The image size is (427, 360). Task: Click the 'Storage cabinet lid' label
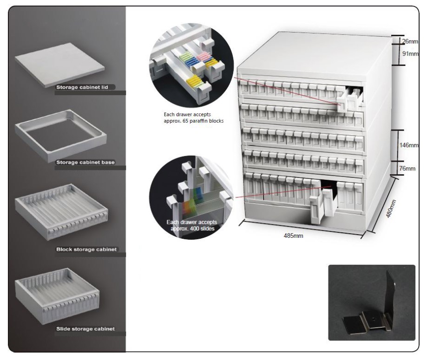click(x=82, y=87)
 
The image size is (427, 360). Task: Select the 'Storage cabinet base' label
click(x=85, y=162)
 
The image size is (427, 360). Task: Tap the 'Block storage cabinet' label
click(x=86, y=249)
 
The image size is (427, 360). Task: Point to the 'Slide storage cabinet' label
click(x=85, y=329)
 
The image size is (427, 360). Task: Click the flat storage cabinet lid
click(x=59, y=65)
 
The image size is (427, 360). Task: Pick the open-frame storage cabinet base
click(x=60, y=136)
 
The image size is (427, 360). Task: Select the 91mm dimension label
click(x=410, y=53)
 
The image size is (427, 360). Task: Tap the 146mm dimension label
click(x=408, y=145)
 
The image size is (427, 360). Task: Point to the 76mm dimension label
click(x=407, y=168)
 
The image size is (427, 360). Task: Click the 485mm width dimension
click(x=293, y=236)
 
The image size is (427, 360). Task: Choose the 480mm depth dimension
click(x=391, y=209)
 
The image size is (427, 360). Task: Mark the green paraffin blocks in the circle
click(x=186, y=56)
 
